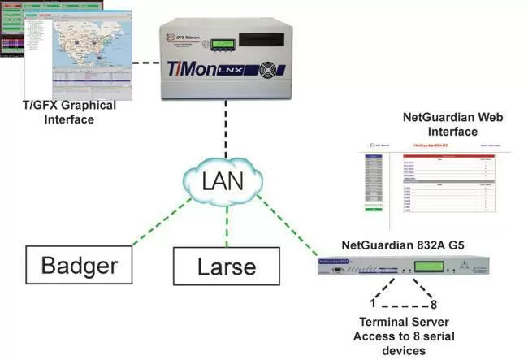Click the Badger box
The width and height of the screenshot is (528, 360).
coord(78,266)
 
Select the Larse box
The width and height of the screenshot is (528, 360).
coord(227,267)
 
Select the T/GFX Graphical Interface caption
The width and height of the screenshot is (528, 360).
coord(69,112)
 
